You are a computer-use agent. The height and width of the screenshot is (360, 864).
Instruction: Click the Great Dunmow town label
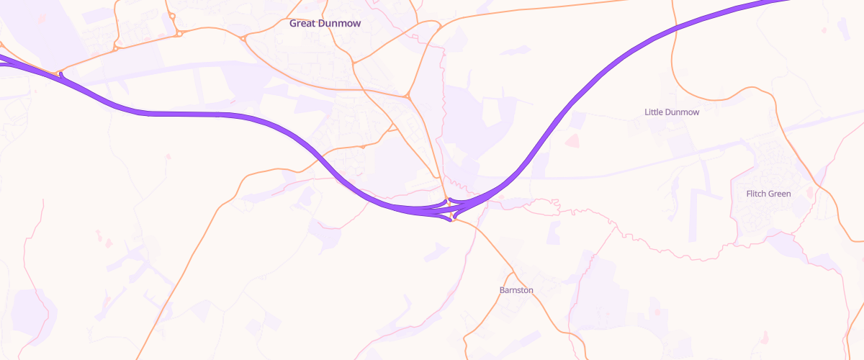(x=325, y=23)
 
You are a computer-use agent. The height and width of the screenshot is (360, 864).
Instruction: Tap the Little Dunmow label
(x=671, y=112)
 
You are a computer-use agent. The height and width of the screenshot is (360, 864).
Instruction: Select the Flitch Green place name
(x=768, y=194)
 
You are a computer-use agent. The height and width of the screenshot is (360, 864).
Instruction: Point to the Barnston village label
(x=516, y=290)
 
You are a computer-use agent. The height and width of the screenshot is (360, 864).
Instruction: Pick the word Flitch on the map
(x=756, y=194)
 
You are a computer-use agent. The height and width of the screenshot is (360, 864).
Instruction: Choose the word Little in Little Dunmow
(x=654, y=112)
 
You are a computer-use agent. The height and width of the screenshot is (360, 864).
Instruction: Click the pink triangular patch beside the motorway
(x=573, y=140)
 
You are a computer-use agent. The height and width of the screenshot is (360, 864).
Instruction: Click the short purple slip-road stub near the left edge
(x=61, y=74)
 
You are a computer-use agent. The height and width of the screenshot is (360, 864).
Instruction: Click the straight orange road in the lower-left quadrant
(x=180, y=274)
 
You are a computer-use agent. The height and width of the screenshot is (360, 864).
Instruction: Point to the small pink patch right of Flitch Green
(x=811, y=192)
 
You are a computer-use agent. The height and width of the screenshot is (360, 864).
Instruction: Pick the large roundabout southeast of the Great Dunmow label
(x=408, y=95)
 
